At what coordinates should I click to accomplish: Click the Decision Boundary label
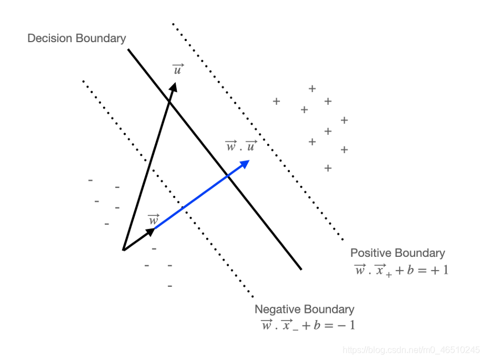(x=76, y=38)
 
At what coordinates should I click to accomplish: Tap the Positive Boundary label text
(x=397, y=253)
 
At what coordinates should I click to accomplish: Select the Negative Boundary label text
(x=304, y=310)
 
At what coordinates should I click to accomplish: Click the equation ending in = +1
(x=401, y=270)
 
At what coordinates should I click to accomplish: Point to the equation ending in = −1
(x=308, y=325)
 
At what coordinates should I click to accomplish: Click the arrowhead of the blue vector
(x=246, y=163)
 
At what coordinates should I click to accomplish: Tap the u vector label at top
(x=178, y=69)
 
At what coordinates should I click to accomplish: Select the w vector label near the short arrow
(x=154, y=220)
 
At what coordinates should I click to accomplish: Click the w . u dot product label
(x=241, y=146)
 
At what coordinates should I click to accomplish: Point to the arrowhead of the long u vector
(x=174, y=87)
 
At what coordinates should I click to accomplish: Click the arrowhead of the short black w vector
(x=151, y=231)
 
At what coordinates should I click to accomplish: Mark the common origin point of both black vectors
(x=123, y=250)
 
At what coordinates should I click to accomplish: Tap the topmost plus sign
(x=312, y=88)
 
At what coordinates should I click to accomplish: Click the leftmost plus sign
(x=277, y=102)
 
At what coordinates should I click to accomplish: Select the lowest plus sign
(x=328, y=168)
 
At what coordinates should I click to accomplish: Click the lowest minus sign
(x=170, y=286)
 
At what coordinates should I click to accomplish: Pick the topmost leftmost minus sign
(x=90, y=180)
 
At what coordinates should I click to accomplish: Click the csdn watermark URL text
(x=411, y=350)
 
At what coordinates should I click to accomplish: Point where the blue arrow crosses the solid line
(x=228, y=176)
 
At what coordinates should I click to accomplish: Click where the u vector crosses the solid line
(x=169, y=100)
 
